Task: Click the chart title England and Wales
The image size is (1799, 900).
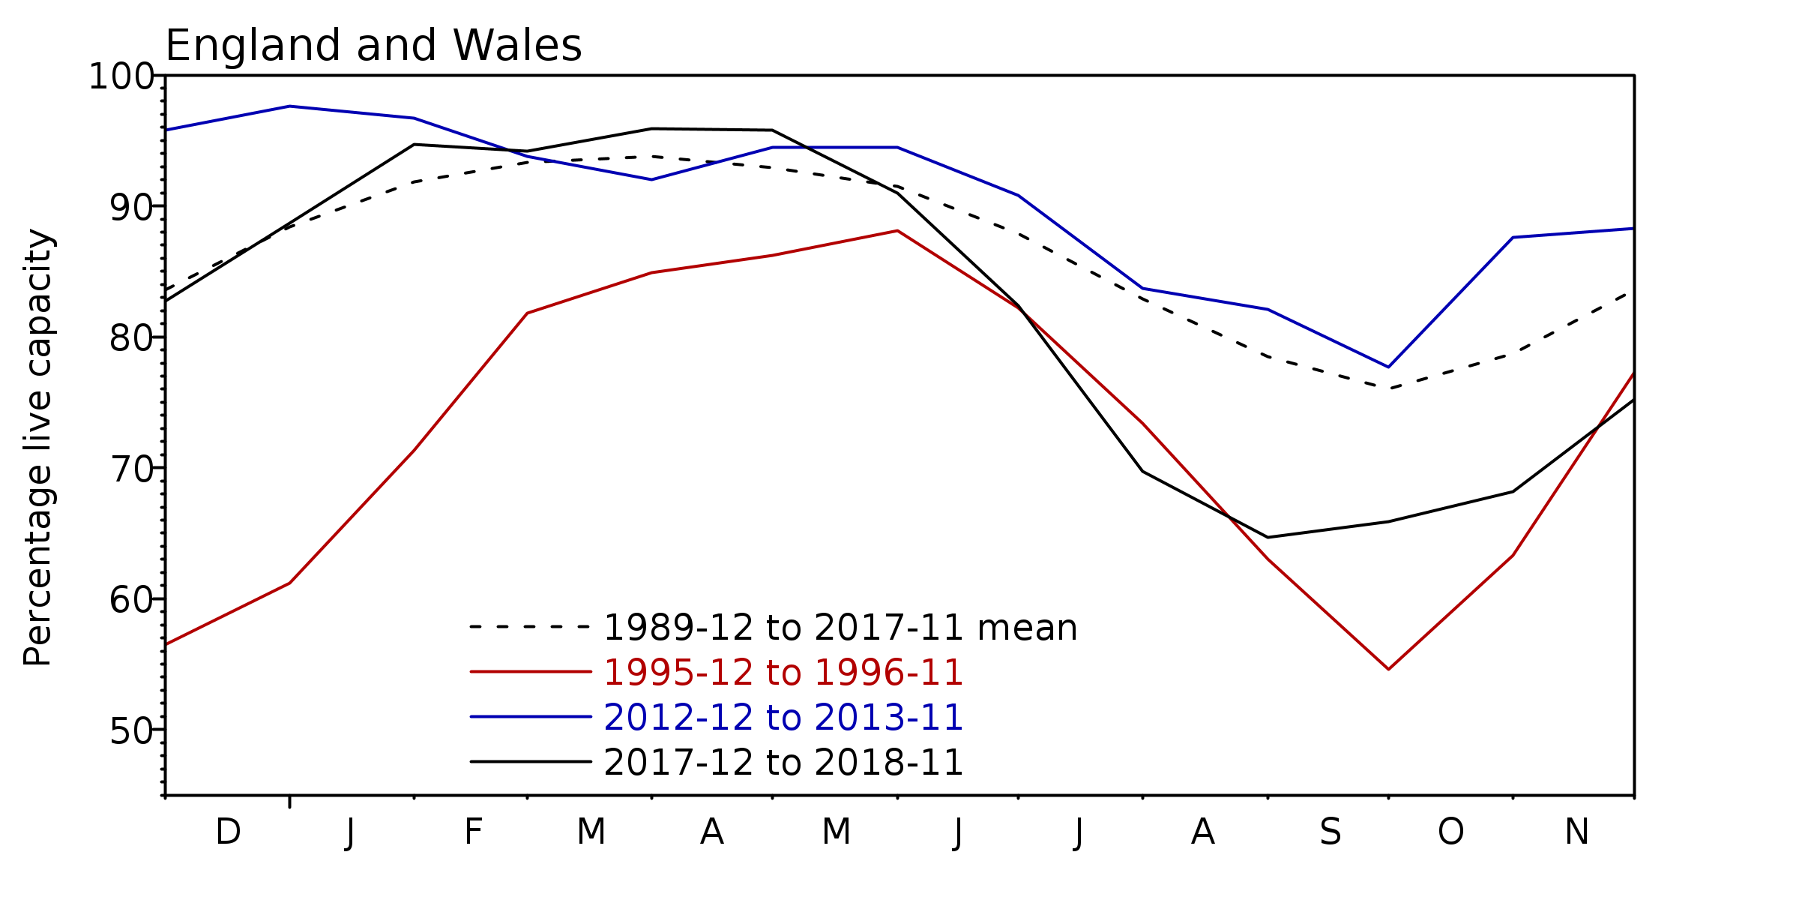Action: pos(373,46)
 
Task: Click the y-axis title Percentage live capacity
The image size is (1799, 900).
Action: pos(37,448)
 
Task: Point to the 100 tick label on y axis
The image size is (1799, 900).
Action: pos(120,76)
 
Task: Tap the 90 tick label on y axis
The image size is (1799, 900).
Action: pos(131,208)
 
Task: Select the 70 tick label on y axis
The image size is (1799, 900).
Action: pos(131,470)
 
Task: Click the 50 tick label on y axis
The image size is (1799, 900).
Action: pos(131,732)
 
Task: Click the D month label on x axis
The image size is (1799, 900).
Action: pos(228,832)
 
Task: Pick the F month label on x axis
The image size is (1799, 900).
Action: pos(472,832)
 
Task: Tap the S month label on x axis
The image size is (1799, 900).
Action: pos(1331,832)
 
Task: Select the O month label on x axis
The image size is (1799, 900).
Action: pos(1450,832)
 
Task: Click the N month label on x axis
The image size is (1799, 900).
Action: pos(1576,832)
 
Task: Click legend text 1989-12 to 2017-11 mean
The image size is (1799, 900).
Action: pos(840,628)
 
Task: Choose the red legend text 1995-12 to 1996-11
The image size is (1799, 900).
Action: pos(783,673)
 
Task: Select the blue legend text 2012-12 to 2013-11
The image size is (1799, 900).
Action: pos(783,718)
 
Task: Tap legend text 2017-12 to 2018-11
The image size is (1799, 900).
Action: pos(783,763)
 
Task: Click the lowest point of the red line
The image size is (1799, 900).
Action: pos(1388,669)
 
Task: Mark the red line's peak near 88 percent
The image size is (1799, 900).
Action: pos(897,231)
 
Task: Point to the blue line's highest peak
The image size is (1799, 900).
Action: pos(289,106)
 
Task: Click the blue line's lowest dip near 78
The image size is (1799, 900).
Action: pos(1388,367)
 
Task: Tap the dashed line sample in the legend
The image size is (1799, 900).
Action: pos(531,627)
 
